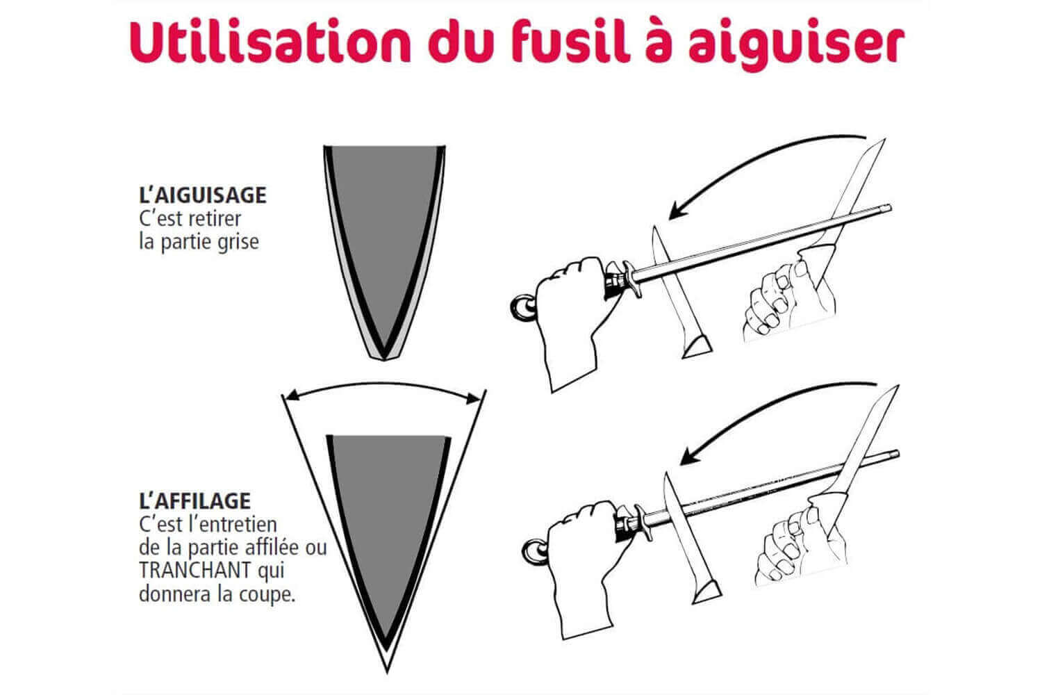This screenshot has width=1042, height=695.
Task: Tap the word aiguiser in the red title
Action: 796,45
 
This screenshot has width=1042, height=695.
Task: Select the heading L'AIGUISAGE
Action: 203,195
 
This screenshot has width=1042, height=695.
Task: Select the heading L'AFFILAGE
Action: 195,501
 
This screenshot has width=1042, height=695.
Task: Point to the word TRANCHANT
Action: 195,570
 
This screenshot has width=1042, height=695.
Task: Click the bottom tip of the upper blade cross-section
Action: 384,360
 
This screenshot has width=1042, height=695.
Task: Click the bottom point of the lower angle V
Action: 387,672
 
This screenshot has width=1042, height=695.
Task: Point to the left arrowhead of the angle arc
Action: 291,396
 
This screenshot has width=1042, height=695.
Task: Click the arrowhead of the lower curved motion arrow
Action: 687,457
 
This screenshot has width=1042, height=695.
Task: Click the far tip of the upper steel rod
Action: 888,208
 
